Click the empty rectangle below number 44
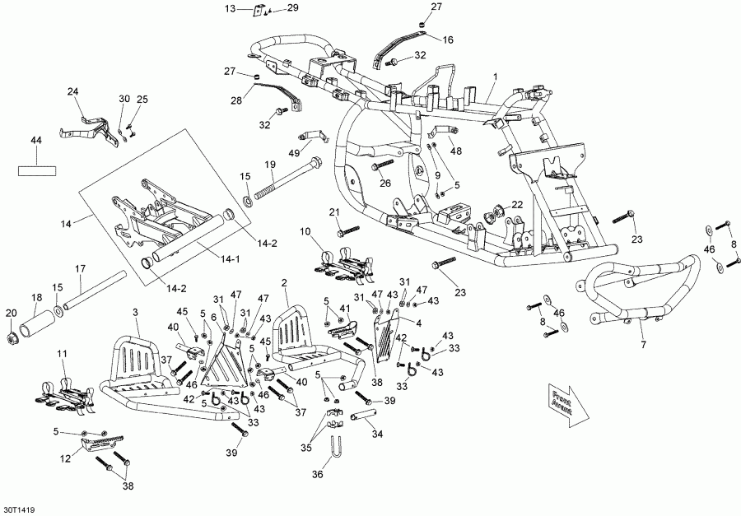tap(38, 171)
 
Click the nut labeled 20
tap(11, 337)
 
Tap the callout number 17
tap(80, 269)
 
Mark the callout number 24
tap(72, 91)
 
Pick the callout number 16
tap(448, 40)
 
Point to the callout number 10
tap(305, 231)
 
